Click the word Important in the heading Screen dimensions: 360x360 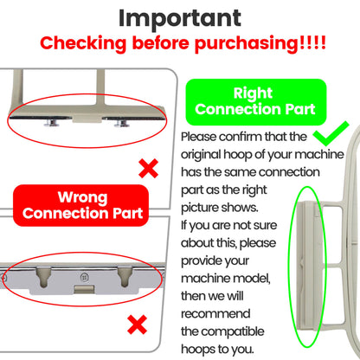pos(180,18)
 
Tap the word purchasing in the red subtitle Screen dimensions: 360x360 pos(246,44)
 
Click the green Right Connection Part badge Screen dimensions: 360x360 pos(256,102)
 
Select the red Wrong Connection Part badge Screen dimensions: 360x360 pos(81,205)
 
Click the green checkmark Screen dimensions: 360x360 pos(331,133)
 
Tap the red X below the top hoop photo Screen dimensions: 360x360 pos(148,168)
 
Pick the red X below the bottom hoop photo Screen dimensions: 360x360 pos(138,325)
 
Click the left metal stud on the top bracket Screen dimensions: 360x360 pos(52,123)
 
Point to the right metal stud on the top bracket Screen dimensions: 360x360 pos(121,124)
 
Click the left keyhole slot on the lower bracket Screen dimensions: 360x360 pos(43,276)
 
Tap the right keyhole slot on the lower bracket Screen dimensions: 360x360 pos(125,276)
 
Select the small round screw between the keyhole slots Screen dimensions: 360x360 pos(84,277)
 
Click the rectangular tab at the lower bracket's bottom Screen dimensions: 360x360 pos(84,289)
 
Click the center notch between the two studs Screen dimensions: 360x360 pos(87,119)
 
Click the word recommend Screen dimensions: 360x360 pos(215,314)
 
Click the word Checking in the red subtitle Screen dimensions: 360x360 pos(83,44)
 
